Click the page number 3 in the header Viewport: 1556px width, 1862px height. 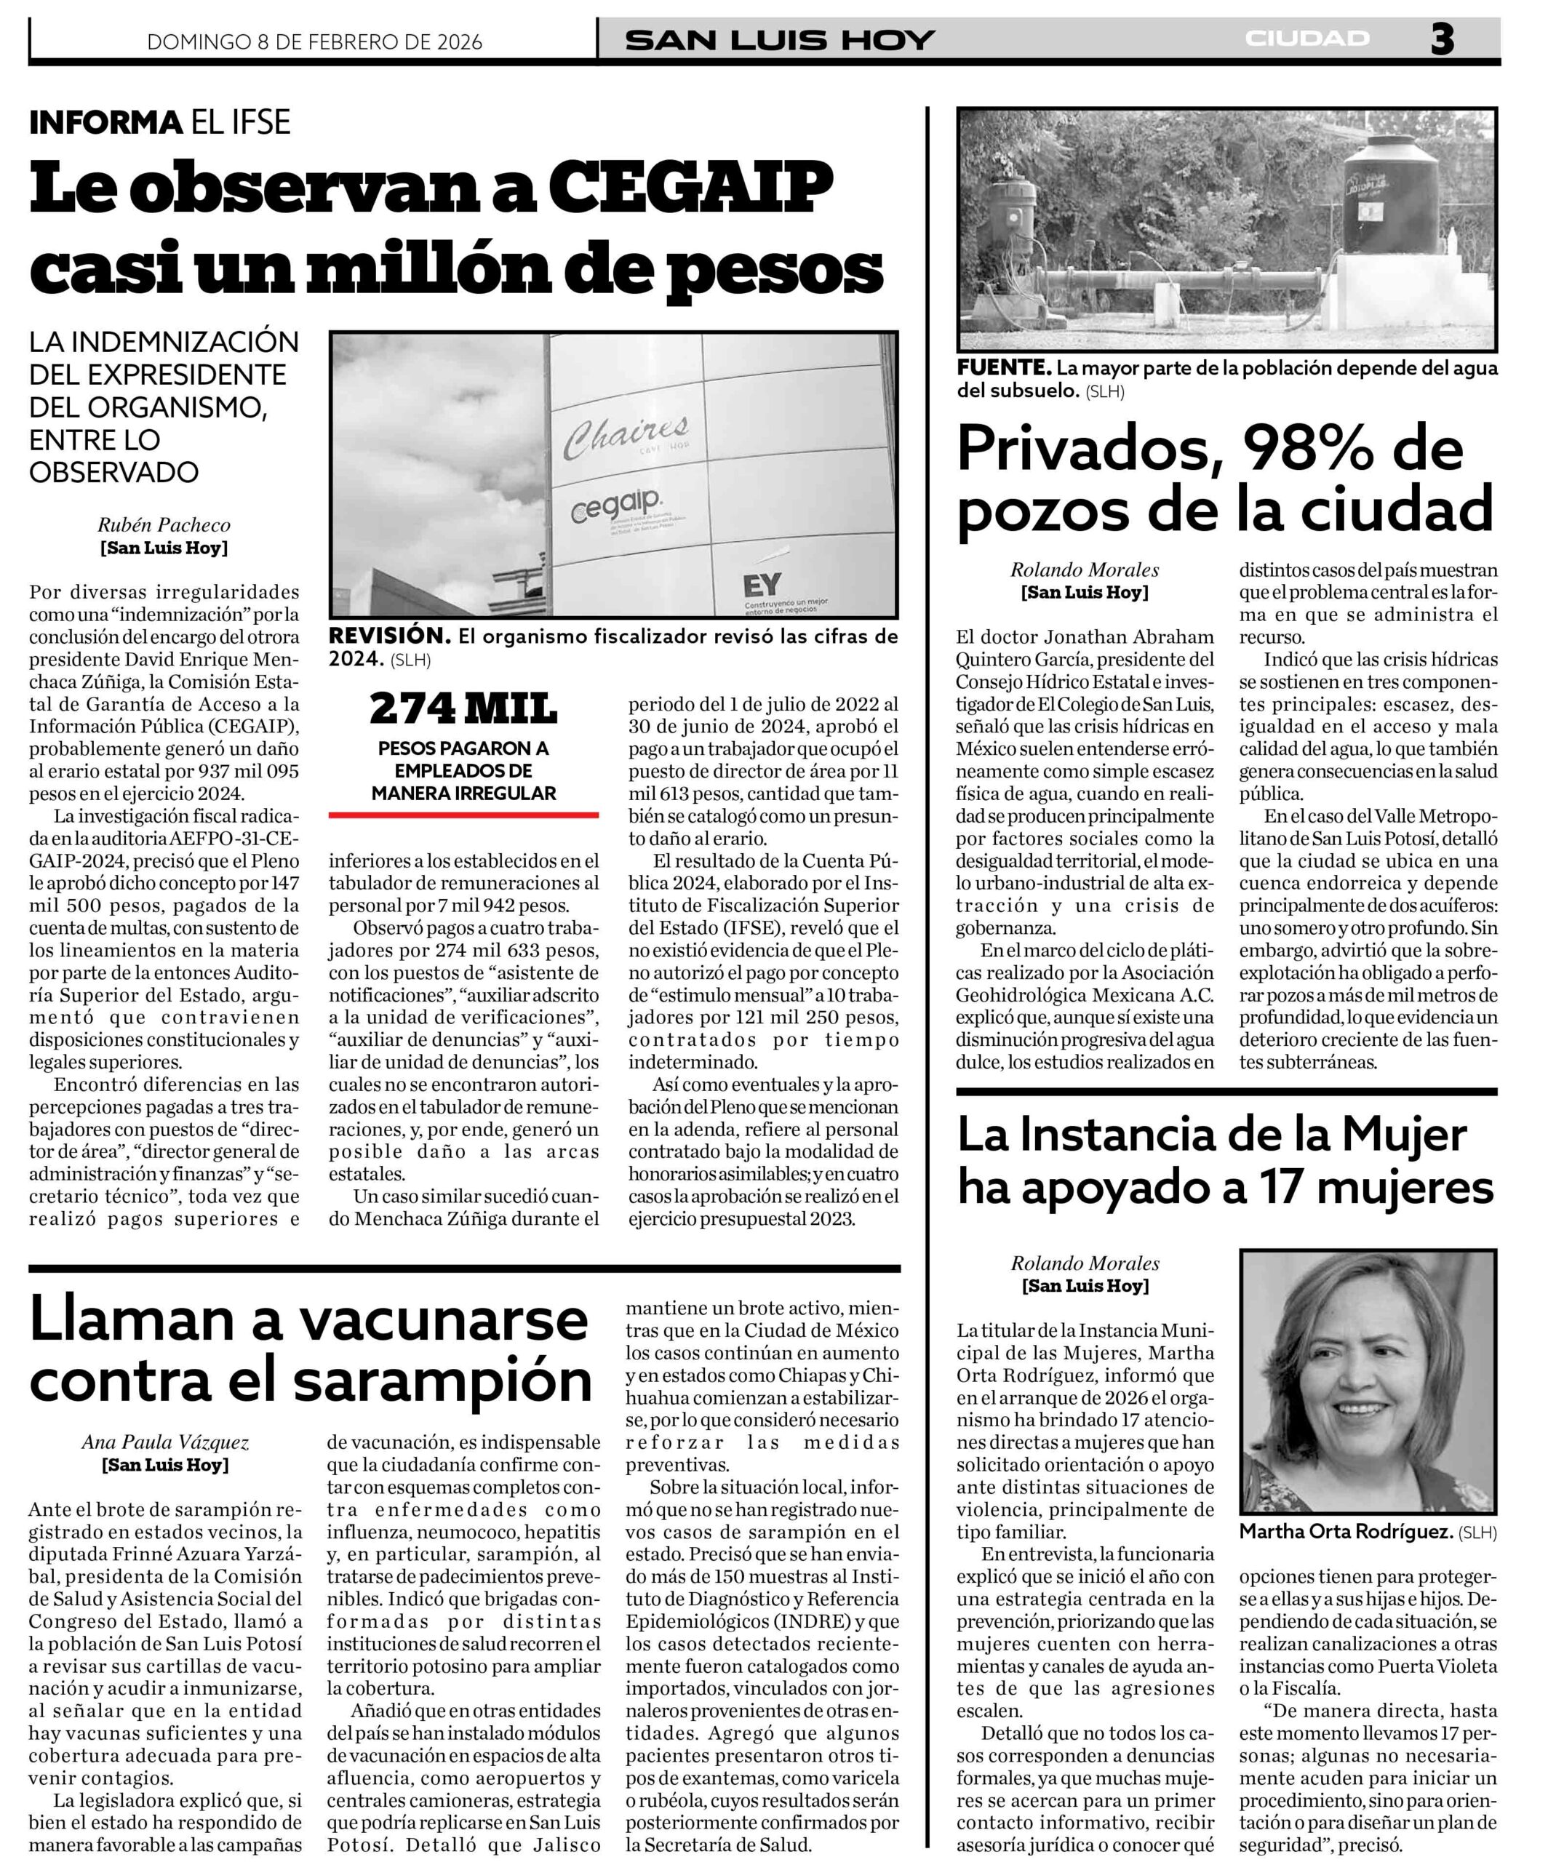[x=1442, y=40]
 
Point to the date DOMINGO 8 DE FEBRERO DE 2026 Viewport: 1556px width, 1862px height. [x=315, y=41]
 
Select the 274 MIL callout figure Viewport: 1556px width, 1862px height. [x=463, y=708]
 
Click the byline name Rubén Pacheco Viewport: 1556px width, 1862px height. [x=164, y=525]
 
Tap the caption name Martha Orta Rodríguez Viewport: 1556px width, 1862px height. [x=1345, y=1531]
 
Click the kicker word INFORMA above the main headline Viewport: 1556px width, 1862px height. [x=105, y=122]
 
